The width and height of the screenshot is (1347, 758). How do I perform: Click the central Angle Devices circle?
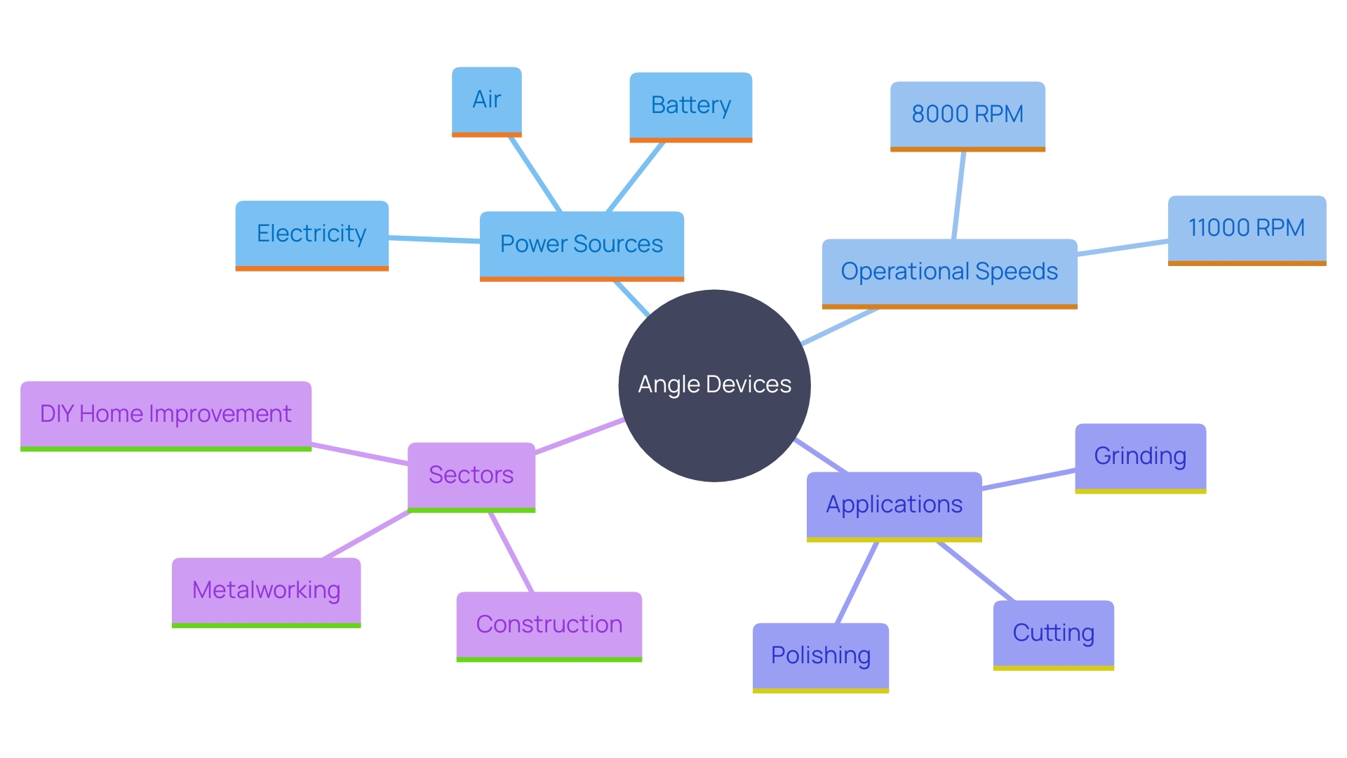click(x=714, y=385)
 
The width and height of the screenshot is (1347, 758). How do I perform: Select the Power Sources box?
click(x=582, y=244)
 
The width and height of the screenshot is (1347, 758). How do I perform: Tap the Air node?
click(x=486, y=100)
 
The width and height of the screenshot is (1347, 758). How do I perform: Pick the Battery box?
click(x=690, y=105)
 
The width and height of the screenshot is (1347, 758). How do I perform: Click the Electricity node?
click(x=311, y=234)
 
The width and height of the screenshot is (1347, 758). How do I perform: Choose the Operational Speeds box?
click(x=949, y=272)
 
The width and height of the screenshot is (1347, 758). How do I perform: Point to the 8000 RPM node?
click(x=967, y=114)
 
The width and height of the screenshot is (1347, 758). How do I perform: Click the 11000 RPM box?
click(x=1247, y=228)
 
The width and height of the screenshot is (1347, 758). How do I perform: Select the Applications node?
click(x=894, y=505)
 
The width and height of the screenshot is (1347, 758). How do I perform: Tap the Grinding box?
click(x=1140, y=456)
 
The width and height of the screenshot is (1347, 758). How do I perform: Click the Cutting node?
click(x=1053, y=633)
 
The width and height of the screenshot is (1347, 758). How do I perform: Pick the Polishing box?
click(x=820, y=656)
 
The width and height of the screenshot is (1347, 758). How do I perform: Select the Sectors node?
click(x=471, y=475)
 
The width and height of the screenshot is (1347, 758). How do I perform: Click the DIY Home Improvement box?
click(x=166, y=414)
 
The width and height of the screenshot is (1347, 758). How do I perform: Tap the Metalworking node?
click(x=266, y=590)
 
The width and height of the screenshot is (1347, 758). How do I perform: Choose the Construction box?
click(x=549, y=625)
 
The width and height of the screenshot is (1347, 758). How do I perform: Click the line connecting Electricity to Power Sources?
click(x=434, y=239)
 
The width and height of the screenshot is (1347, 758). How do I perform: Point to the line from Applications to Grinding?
click(x=1028, y=479)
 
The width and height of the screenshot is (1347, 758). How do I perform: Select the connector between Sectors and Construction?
click(x=511, y=552)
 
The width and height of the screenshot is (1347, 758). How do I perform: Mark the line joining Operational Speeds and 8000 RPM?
click(x=959, y=195)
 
